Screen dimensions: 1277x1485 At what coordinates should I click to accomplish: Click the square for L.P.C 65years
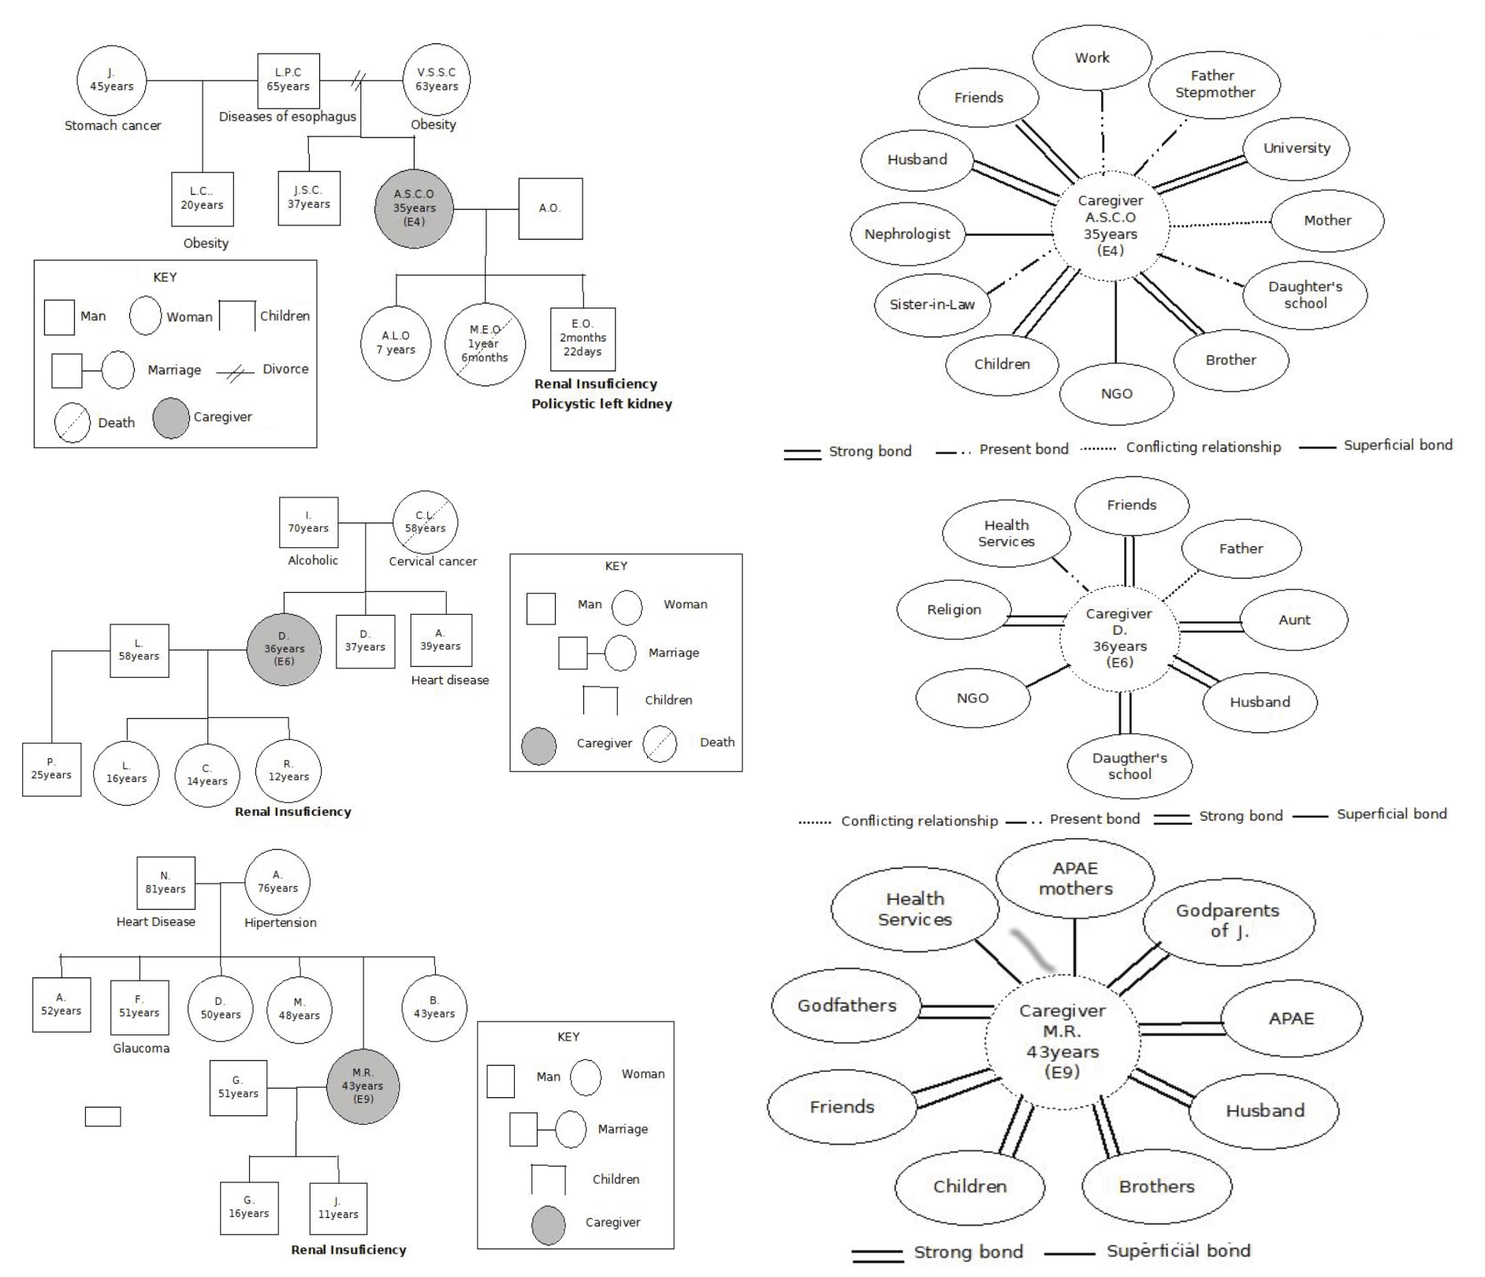click(x=288, y=80)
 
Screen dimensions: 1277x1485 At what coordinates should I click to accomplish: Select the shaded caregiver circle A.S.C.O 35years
click(x=414, y=208)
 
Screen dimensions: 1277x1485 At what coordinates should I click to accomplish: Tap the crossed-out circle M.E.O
click(x=485, y=344)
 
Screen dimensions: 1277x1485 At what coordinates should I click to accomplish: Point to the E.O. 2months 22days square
click(x=582, y=338)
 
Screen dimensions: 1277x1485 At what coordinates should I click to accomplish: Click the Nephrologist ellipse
click(x=907, y=234)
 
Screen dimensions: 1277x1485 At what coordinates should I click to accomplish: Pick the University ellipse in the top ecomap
click(x=1296, y=148)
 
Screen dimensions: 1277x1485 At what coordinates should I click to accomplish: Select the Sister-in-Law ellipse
click(x=932, y=304)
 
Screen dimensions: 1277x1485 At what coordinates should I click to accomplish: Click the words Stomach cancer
click(x=113, y=125)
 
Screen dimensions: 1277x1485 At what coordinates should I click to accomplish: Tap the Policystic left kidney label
click(x=601, y=404)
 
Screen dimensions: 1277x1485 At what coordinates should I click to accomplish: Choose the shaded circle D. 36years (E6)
click(x=284, y=649)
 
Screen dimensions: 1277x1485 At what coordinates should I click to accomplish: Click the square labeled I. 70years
click(x=308, y=522)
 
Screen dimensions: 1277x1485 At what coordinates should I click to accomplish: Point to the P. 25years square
click(x=51, y=769)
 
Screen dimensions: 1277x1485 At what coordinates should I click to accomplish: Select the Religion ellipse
click(x=954, y=609)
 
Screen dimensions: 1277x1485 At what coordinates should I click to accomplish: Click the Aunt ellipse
click(x=1294, y=620)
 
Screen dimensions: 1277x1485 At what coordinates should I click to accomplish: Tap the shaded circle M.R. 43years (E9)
click(x=363, y=1085)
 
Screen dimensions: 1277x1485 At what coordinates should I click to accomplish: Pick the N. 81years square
click(x=166, y=882)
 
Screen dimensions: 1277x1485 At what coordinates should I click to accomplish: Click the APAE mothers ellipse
click(x=1075, y=878)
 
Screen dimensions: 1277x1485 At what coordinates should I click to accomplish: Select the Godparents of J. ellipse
click(x=1228, y=921)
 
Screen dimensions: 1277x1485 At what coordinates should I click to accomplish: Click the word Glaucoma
click(x=141, y=1048)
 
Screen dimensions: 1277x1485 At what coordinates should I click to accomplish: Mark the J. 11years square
click(x=338, y=1208)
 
